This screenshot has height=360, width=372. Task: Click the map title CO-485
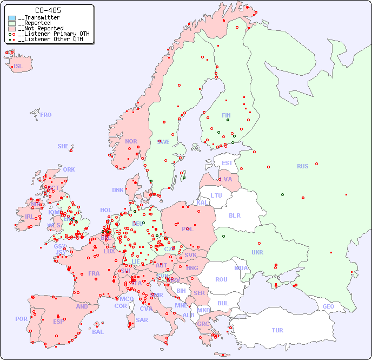pyautogui.click(x=48, y=10)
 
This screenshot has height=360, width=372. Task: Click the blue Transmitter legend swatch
pyautogui.click(x=12, y=18)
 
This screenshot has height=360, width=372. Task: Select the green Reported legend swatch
pyautogui.click(x=12, y=23)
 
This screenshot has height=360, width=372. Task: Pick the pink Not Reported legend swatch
pyautogui.click(x=12, y=29)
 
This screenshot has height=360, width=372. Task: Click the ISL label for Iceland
pyautogui.click(x=18, y=66)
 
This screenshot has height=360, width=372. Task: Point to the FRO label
pyautogui.click(x=46, y=115)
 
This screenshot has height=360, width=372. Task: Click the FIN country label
pyautogui.click(x=226, y=115)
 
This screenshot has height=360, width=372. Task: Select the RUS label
pyautogui.click(x=302, y=166)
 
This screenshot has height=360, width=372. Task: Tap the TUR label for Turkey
pyautogui.click(x=277, y=330)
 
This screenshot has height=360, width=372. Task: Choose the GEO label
pyautogui.click(x=328, y=306)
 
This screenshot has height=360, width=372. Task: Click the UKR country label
pyautogui.click(x=257, y=252)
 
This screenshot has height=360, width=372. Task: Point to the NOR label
pyautogui.click(x=131, y=141)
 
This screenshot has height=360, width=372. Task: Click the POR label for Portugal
pyautogui.click(x=21, y=319)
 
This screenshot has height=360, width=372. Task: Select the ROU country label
pyautogui.click(x=221, y=279)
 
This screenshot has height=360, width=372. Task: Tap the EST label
pyautogui.click(x=227, y=163)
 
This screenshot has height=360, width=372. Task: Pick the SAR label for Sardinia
pyautogui.click(x=142, y=320)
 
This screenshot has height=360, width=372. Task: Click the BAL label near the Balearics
pyautogui.click(x=98, y=332)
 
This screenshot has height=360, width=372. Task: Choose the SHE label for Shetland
pyautogui.click(x=63, y=146)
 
